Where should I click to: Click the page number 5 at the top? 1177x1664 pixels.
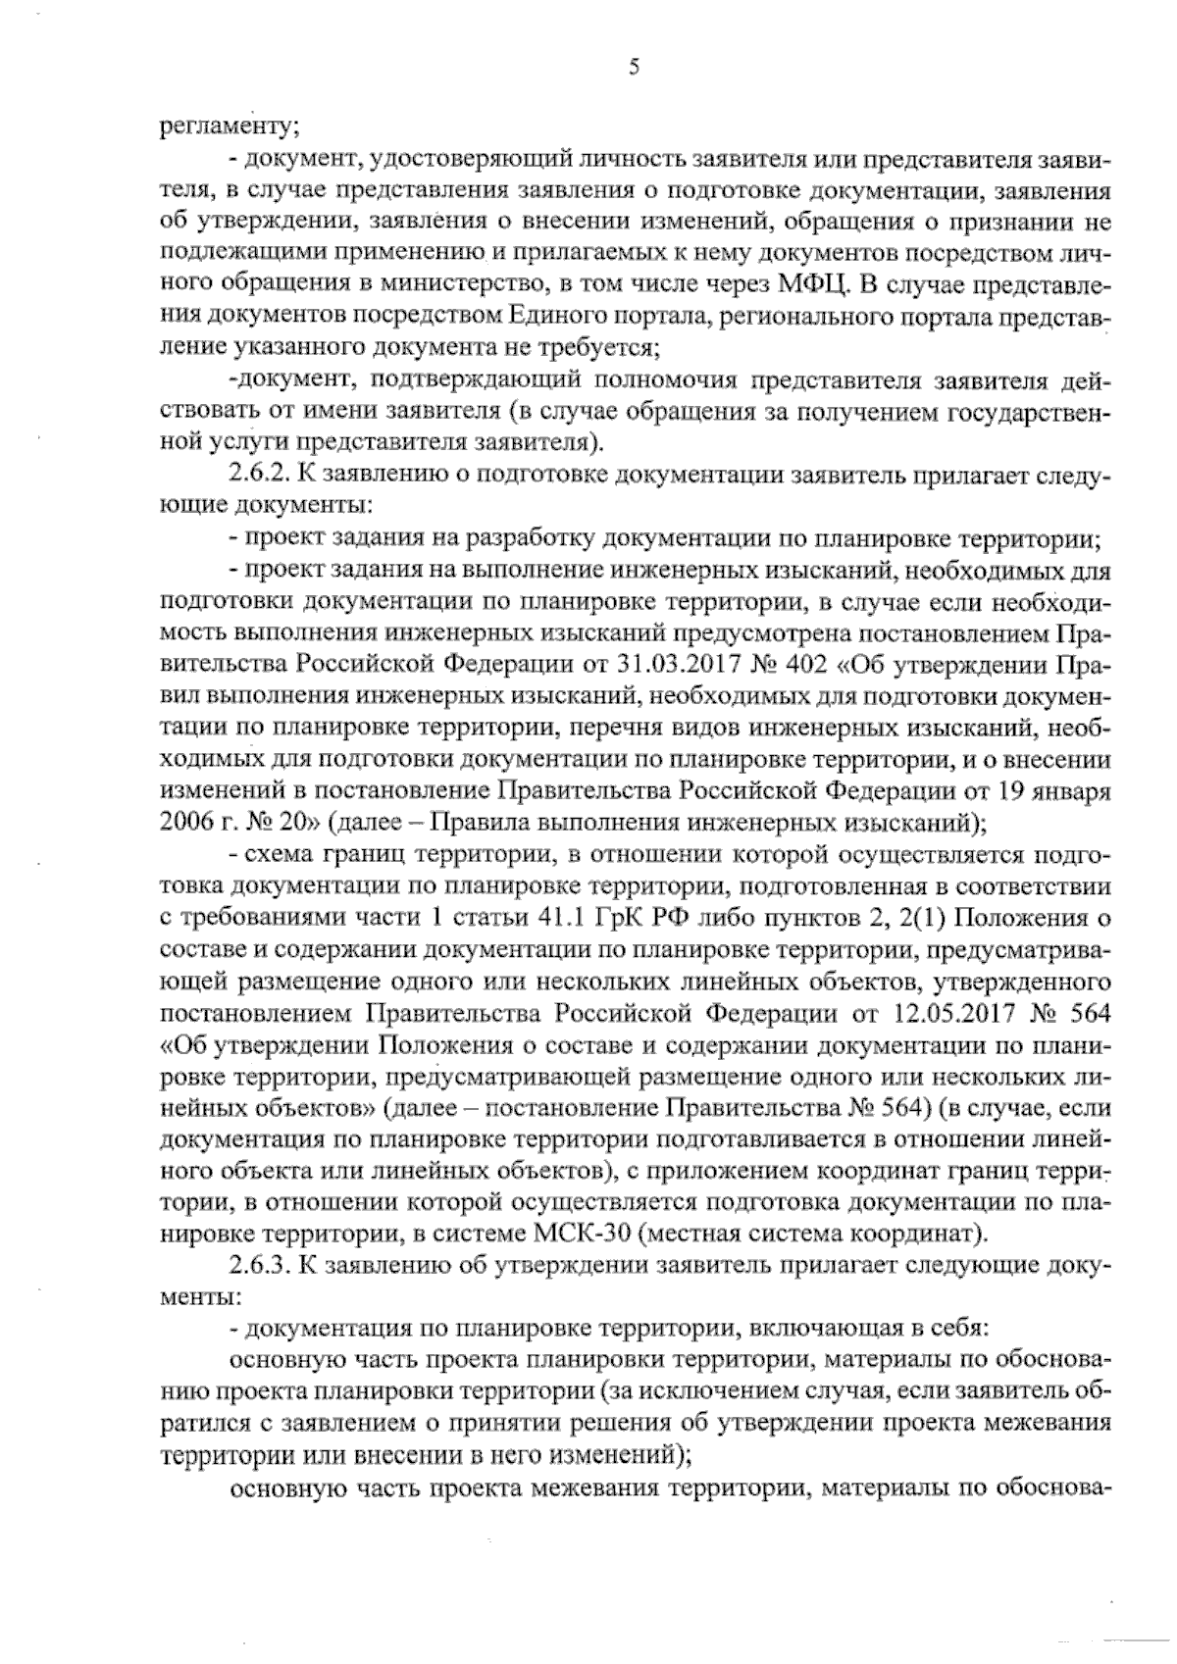[x=634, y=67]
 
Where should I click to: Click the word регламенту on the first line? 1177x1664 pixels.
[x=221, y=126]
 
